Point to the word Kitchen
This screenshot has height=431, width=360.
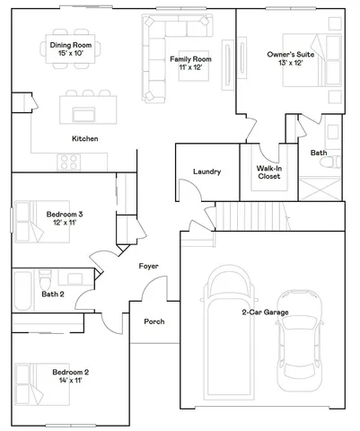pyautogui.click(x=85, y=138)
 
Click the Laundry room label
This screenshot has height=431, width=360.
pyautogui.click(x=207, y=172)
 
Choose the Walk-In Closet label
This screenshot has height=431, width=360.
pyautogui.click(x=268, y=172)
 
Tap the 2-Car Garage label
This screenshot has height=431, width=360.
pyautogui.click(x=265, y=312)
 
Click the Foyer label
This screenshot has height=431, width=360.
pyautogui.click(x=148, y=266)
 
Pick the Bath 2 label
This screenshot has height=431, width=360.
pyautogui.click(x=53, y=294)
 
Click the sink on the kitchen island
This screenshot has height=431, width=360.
pyautogui.click(x=86, y=112)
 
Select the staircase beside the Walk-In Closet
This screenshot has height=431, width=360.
pyautogui.click(x=241, y=215)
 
